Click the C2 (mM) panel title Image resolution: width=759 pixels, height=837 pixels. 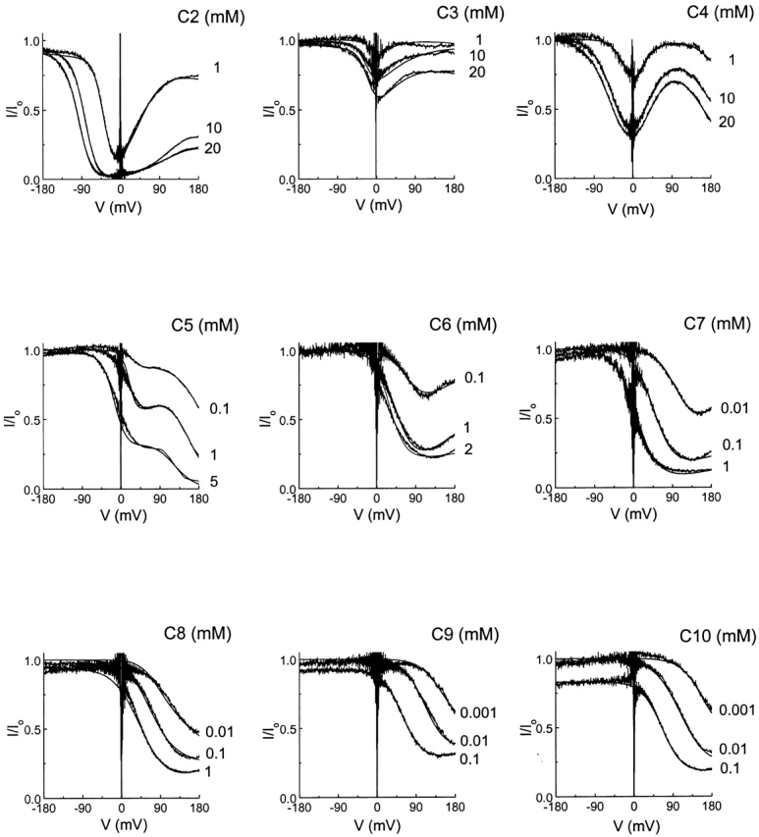coord(203,17)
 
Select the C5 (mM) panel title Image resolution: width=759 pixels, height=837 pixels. coord(203,327)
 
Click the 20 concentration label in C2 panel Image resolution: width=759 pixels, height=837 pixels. coord(215,149)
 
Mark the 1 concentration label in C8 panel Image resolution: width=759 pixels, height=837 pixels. coord(211,772)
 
